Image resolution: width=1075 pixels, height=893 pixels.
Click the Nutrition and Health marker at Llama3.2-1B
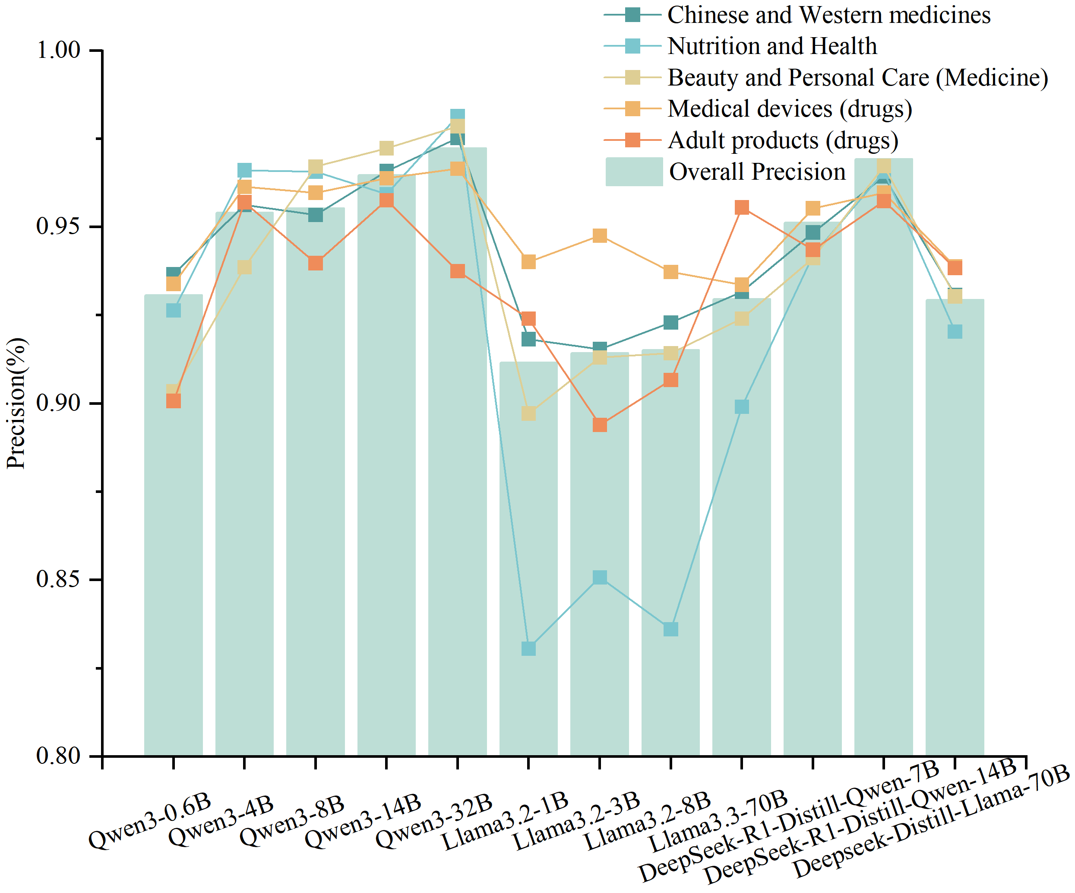528,648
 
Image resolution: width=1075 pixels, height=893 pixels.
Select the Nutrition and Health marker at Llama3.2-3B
599,577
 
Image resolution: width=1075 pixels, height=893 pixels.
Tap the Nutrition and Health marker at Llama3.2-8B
670,629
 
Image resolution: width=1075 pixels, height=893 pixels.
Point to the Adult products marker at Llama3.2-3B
599,425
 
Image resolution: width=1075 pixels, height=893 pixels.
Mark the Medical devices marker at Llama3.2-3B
599,236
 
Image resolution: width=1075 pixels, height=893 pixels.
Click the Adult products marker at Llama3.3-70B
742,207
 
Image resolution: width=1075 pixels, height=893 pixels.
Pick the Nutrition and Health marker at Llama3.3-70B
742,406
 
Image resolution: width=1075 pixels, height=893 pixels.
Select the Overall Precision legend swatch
634,172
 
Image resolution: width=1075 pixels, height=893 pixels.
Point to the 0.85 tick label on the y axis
58,579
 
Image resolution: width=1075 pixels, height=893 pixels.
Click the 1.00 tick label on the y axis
58,50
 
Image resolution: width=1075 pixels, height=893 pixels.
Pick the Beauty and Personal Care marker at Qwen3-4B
244,267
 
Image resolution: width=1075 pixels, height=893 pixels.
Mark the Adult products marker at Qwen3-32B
458,271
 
